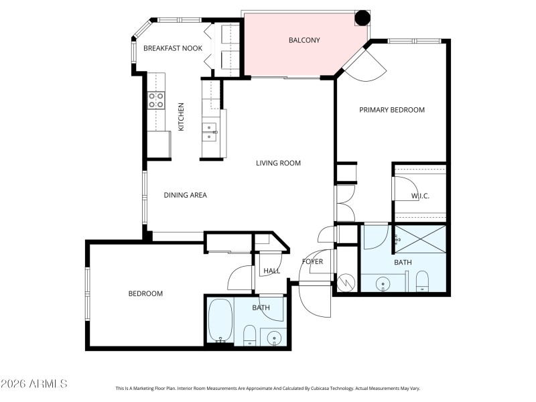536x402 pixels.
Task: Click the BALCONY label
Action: click(304, 40)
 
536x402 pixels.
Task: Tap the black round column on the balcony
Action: click(362, 18)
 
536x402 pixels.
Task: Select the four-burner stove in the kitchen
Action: click(156, 100)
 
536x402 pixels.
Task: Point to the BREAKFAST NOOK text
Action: click(163, 48)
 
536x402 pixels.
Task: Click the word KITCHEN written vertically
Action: click(180, 117)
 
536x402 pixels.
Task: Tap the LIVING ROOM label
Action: click(278, 163)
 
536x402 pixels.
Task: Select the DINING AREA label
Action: click(186, 195)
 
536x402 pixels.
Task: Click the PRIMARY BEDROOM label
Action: click(392, 110)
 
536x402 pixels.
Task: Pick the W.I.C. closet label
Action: click(420, 196)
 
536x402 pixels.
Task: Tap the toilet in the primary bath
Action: click(422, 281)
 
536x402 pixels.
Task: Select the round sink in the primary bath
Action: click(383, 283)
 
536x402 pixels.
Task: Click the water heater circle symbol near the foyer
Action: click(346, 282)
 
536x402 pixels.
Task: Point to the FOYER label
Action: click(313, 261)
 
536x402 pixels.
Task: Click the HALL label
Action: click(272, 271)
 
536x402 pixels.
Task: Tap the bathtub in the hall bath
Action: click(220, 320)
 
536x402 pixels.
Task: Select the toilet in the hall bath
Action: click(249, 334)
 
